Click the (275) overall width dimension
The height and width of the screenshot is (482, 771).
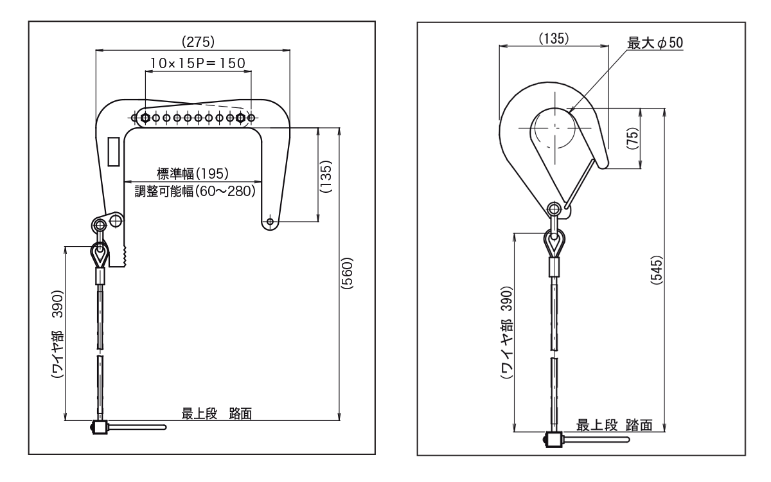coord(198,42)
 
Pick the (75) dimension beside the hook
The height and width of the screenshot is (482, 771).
coord(650,138)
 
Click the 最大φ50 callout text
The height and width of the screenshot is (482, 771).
coord(655,43)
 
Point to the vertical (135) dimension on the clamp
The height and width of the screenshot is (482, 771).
coord(326,175)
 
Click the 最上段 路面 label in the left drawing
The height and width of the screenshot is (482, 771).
coord(217,413)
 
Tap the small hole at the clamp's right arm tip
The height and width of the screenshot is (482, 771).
coord(270,222)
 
